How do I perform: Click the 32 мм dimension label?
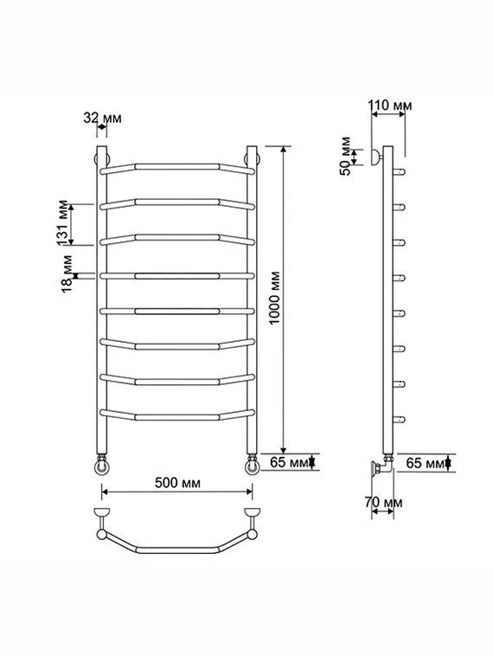pyautogui.click(x=102, y=118)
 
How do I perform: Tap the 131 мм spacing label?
pyautogui.click(x=62, y=223)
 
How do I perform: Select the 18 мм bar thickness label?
pyautogui.click(x=67, y=274)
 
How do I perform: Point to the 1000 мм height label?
pyautogui.click(x=274, y=298)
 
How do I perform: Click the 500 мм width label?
pyautogui.click(x=177, y=483)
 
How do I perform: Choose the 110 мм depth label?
pyautogui.click(x=390, y=105)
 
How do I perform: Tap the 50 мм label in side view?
pyautogui.click(x=345, y=156)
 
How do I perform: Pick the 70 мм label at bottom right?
pyautogui.click(x=383, y=502)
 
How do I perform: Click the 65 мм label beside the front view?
pyautogui.click(x=289, y=462)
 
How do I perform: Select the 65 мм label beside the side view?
pyautogui.click(x=426, y=463)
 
